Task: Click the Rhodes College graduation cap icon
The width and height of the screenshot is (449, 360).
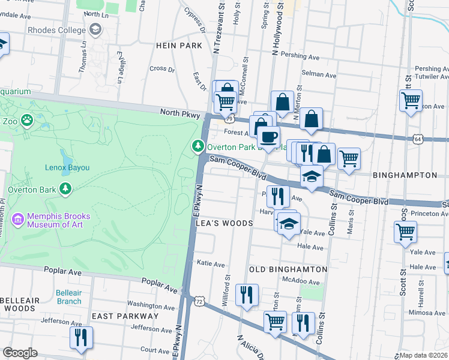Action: click(x=95, y=29)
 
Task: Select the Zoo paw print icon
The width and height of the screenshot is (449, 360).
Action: click(x=27, y=121)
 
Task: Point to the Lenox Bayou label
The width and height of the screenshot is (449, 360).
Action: click(x=67, y=168)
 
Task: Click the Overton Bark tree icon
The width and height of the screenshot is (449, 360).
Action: click(x=65, y=190)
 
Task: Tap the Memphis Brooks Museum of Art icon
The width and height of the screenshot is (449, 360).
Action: click(x=18, y=220)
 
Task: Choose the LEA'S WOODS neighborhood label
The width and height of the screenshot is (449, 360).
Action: click(x=224, y=223)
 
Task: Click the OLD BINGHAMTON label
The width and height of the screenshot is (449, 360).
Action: click(x=288, y=270)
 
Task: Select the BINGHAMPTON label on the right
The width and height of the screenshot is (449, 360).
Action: click(x=405, y=175)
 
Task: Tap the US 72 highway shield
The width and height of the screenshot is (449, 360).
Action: click(x=198, y=299)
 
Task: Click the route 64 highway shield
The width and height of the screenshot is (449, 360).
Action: click(x=417, y=139)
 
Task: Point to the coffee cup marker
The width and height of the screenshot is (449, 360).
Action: click(x=269, y=136)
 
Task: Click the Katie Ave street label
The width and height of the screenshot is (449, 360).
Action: click(x=211, y=264)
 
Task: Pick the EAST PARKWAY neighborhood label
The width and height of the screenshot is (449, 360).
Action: click(x=125, y=316)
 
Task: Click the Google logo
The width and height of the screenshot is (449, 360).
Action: click(x=20, y=353)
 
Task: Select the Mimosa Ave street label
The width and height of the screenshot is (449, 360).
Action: click(x=430, y=313)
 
